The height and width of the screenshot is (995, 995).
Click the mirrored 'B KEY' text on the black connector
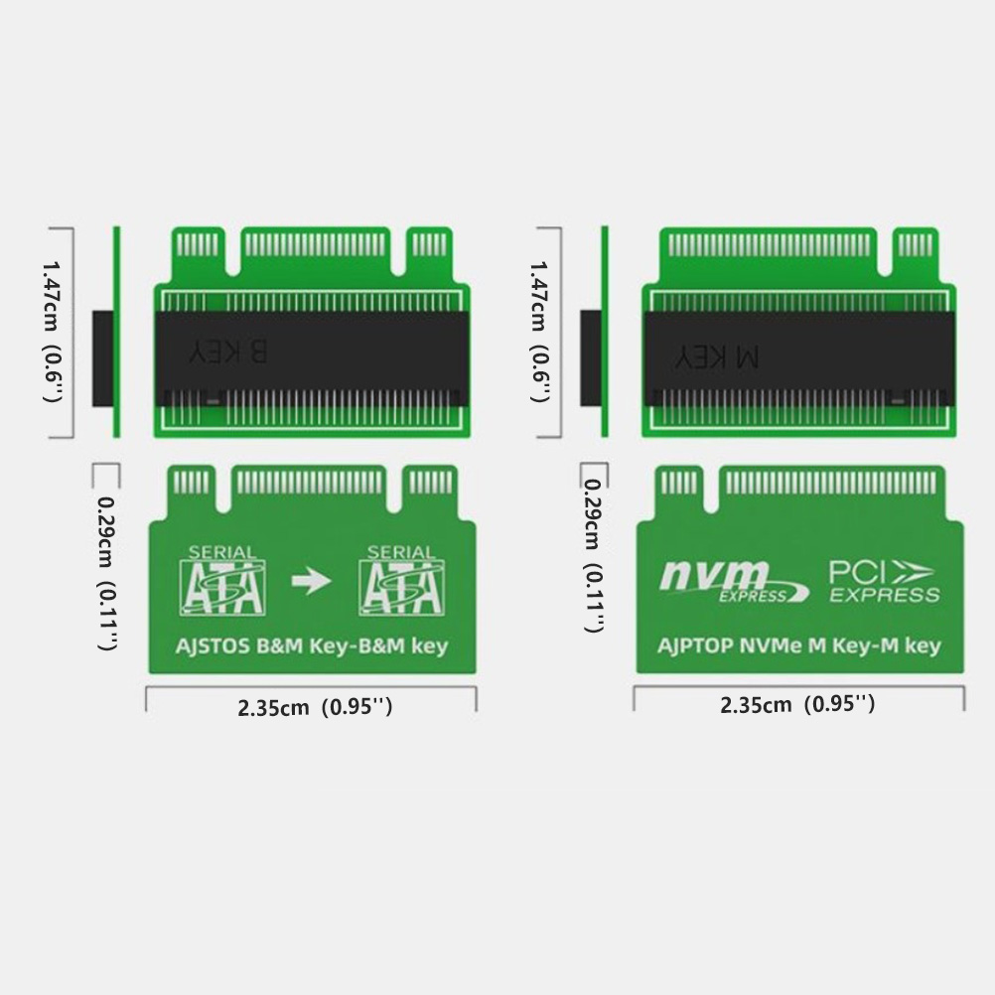[x=227, y=352]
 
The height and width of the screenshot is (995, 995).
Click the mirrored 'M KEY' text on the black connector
[x=716, y=357]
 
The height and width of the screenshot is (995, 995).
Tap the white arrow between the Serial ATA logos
[x=311, y=581]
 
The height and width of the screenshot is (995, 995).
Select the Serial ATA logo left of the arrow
[x=222, y=580]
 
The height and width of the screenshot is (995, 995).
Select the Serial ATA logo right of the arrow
[x=401, y=580]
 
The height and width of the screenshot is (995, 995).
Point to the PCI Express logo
[x=884, y=581]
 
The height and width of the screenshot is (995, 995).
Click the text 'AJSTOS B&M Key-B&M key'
[x=312, y=646]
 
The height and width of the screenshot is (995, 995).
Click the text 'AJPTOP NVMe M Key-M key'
[x=798, y=646]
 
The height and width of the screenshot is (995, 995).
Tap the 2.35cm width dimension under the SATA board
[x=315, y=707]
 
